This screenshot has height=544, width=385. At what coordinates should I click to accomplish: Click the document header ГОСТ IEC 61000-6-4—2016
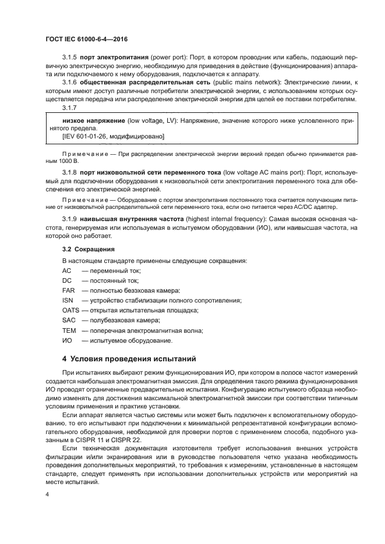pyautogui.click(x=86, y=39)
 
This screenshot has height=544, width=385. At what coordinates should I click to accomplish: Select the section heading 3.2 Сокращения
pyautogui.click(x=89, y=249)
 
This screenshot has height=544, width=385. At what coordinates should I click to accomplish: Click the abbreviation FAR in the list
pyautogui.click(x=68, y=290)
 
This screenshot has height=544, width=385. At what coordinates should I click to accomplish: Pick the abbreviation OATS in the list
pyautogui.click(x=70, y=310)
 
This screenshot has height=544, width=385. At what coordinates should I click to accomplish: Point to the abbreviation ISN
pyautogui.click(x=68, y=300)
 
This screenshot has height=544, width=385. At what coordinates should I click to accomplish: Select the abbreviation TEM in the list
pyautogui.click(x=69, y=330)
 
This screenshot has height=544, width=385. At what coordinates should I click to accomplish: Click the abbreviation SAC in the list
pyautogui.click(x=69, y=321)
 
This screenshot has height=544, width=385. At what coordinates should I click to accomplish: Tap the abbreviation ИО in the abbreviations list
pyautogui.click(x=67, y=340)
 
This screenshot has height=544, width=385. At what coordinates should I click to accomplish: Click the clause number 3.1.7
pyautogui.click(x=70, y=108)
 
